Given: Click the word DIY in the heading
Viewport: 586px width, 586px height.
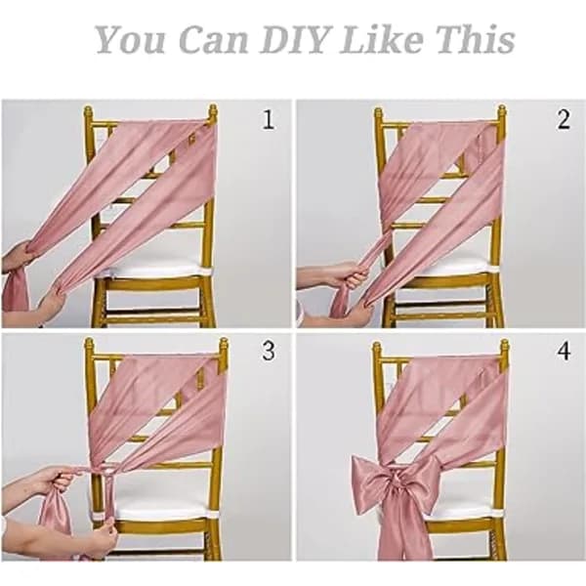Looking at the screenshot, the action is (x=295, y=39).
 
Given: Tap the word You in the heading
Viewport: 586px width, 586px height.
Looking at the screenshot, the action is (x=130, y=39).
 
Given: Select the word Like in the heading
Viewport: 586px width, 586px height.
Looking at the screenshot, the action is (x=382, y=39).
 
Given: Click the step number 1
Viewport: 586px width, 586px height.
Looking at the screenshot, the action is (x=269, y=119).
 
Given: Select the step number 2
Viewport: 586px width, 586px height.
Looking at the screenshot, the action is (x=564, y=119).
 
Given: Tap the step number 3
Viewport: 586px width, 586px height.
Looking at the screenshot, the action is (x=269, y=351).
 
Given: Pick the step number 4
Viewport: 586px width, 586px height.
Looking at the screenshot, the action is (x=564, y=352).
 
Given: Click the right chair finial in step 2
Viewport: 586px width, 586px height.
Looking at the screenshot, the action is (x=502, y=113).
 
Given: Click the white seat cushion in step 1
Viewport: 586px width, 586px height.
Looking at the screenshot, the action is (x=153, y=270).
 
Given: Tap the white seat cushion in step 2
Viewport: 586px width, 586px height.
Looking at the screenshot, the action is (x=442, y=266).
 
